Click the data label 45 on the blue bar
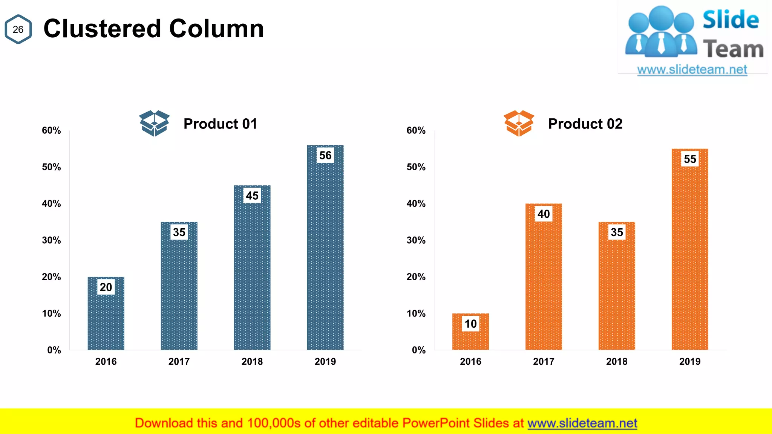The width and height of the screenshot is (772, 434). pos(252,196)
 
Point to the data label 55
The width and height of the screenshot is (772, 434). pos(690,159)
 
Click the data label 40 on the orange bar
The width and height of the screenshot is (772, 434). pos(544,214)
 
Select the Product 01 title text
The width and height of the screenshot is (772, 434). pos(220,124)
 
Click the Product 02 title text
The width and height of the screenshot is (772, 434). pos(585,124)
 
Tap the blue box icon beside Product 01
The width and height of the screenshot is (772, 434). pos(154,123)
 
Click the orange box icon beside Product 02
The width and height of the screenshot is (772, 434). pos(519,123)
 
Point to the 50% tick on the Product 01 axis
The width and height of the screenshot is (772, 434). pos(51,167)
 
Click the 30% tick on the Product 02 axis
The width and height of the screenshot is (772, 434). pos(416,240)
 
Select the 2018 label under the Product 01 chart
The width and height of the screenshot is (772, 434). pos(252,362)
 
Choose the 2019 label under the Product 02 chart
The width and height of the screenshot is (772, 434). pos(690,362)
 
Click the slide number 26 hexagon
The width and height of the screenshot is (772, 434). pos(18,29)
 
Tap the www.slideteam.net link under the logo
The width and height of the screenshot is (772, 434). pos(692,70)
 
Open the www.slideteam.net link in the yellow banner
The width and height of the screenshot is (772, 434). pos(582,423)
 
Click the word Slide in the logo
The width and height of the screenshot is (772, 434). pos(731,20)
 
